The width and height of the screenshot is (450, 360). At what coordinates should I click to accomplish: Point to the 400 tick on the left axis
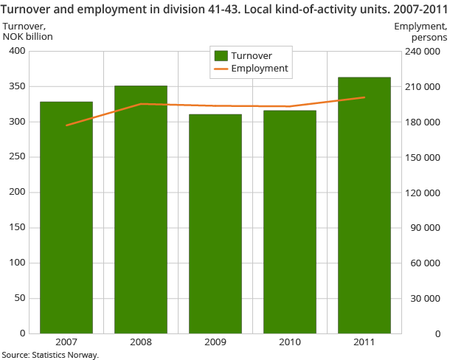16,51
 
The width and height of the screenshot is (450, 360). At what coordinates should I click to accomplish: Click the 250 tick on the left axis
16,157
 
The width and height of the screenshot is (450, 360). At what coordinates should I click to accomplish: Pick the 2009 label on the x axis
215,343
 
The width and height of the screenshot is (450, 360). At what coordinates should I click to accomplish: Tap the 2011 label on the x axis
364,343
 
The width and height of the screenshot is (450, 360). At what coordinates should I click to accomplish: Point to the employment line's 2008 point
141,104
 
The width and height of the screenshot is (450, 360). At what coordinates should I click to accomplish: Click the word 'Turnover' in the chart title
27,9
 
